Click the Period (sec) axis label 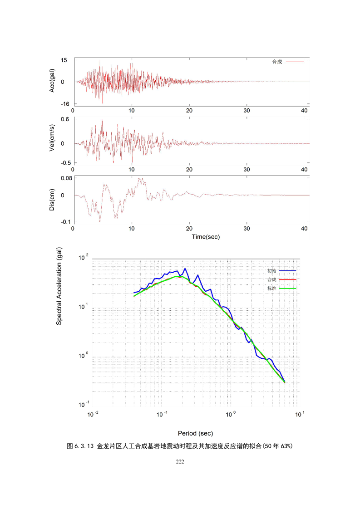196,433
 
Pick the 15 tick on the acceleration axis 64,60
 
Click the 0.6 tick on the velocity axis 64,120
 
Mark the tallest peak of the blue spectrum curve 185,269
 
